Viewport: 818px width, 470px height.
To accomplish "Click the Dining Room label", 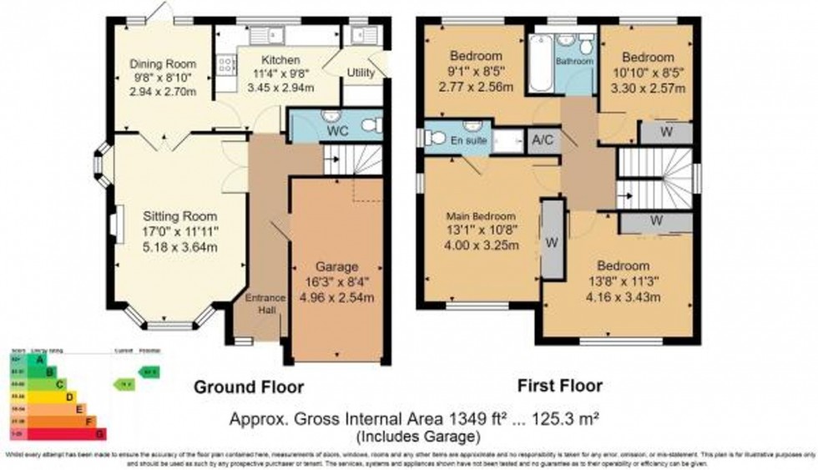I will [x=163, y=63].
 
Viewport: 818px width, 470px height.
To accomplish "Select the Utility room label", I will [x=361, y=74].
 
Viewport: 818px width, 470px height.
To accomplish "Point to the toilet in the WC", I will [x=371, y=125].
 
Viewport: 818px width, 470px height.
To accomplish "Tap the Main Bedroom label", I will [x=481, y=216].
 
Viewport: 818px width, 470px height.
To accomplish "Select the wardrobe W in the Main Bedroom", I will [x=551, y=243].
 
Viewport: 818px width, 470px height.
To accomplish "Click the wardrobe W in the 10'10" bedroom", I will [x=665, y=133].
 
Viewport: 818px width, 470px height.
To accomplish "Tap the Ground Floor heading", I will [x=249, y=387].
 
